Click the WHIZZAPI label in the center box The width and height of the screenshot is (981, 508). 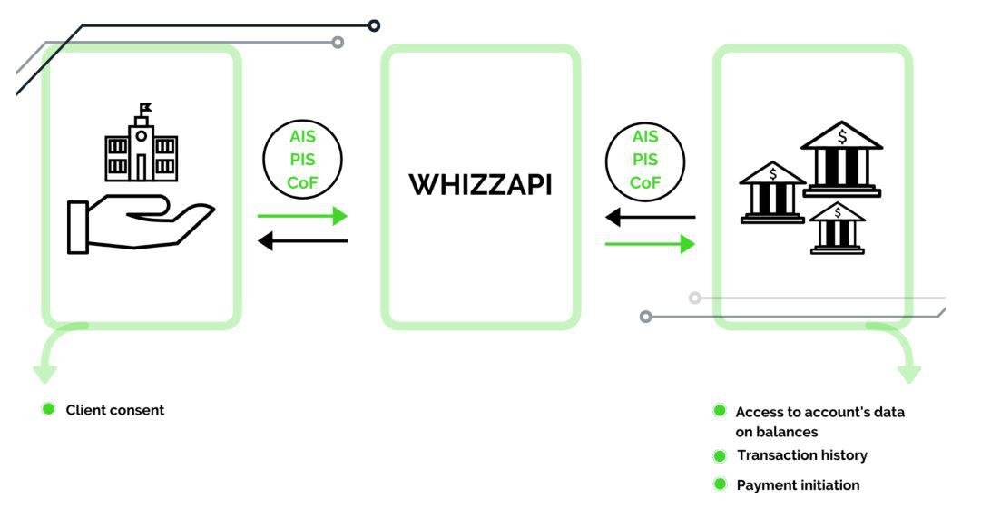point(480,186)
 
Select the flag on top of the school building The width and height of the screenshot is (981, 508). point(145,108)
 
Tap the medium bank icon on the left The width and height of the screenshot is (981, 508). point(772,192)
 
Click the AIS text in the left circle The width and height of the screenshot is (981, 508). point(301,138)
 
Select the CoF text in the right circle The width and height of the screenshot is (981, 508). point(644,182)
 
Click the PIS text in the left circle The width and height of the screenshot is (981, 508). point(301,160)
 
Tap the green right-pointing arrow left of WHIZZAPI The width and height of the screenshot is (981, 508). point(302,216)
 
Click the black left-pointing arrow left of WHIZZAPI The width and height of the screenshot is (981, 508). point(302,240)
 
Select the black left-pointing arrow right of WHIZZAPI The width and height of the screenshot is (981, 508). point(650,218)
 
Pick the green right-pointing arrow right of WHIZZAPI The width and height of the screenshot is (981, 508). point(650,243)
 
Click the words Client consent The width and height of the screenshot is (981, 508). point(115,410)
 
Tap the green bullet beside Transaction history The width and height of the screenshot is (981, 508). point(720,455)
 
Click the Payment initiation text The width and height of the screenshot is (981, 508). point(798,485)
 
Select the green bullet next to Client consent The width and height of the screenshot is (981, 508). point(49,409)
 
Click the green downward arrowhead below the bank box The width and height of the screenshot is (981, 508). point(909,373)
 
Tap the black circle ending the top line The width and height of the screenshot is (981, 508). point(374,25)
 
